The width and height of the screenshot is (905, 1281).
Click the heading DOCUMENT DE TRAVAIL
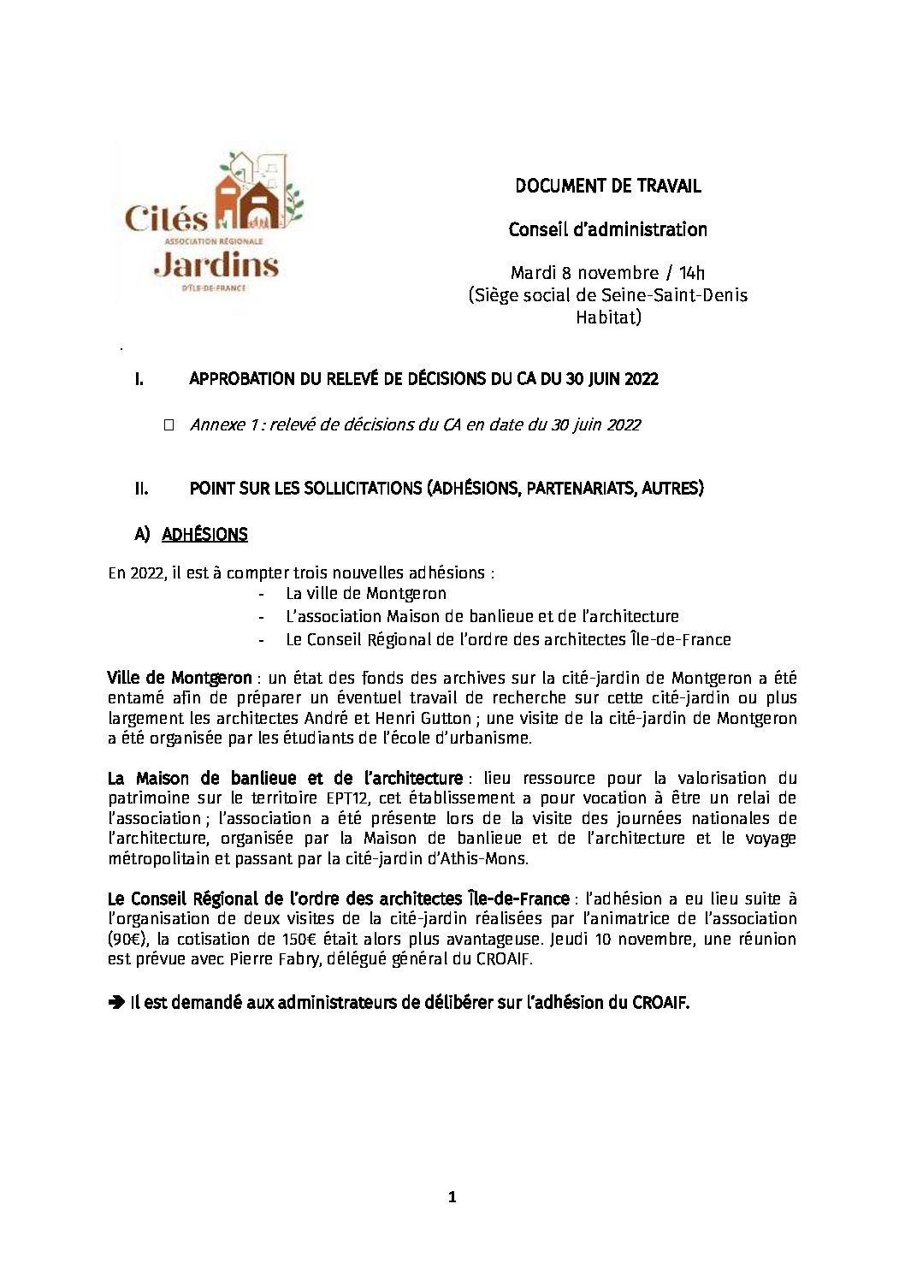tap(607, 186)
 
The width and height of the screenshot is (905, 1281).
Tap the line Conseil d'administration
tap(607, 229)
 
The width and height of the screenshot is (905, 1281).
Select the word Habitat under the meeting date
tap(607, 317)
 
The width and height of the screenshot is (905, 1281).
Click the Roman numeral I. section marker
tap(139, 379)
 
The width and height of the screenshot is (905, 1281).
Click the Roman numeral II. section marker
tap(141, 489)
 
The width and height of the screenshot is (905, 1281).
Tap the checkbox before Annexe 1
tap(168, 424)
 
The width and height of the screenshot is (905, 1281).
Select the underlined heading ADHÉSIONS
tap(204, 535)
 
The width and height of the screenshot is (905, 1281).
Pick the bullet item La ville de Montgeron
tap(366, 593)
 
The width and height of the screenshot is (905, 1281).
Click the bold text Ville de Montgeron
tap(180, 679)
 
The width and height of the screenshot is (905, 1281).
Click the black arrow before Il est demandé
tap(116, 1003)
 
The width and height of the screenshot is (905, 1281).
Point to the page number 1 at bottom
tap(452, 1198)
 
